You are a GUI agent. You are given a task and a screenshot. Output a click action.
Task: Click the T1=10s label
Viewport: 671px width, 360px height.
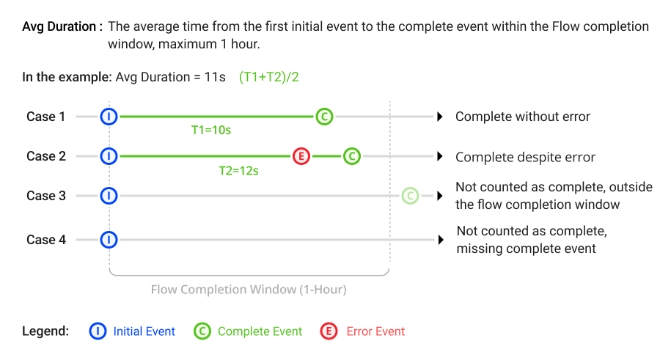coord(211,130)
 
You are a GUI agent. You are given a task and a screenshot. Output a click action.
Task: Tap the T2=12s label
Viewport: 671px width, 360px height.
coord(239,171)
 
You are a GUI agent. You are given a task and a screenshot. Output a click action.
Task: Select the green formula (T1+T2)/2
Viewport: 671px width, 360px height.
coord(268,77)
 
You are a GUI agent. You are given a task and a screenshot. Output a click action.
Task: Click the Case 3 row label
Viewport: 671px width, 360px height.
coord(46,196)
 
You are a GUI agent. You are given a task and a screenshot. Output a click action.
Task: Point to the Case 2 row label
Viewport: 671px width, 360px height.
coord(46,156)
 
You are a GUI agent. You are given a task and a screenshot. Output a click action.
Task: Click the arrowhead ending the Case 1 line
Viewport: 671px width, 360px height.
coord(439,117)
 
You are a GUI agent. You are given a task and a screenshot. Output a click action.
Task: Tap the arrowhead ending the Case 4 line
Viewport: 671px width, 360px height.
coord(441,240)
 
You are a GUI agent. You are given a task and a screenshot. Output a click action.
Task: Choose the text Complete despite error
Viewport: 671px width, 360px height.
coord(525,157)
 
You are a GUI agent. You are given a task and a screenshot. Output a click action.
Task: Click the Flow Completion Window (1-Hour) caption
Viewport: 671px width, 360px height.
coord(249,290)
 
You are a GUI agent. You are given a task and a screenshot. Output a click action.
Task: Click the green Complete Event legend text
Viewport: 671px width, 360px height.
coord(260,331)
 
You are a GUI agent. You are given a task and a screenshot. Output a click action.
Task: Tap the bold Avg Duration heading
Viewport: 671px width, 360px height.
coord(62,26)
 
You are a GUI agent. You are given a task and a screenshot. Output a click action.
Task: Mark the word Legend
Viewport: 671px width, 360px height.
coord(45,331)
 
